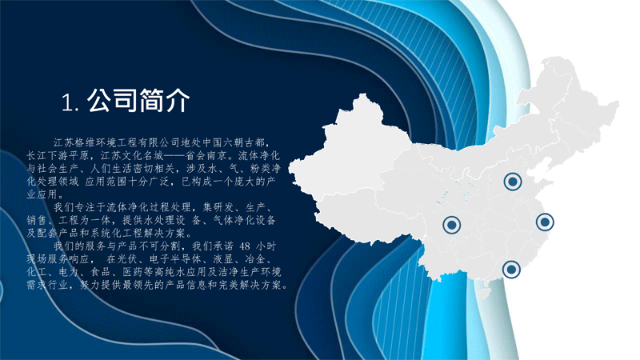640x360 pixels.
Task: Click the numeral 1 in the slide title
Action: click(x=66, y=102)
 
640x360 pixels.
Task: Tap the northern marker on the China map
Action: click(x=513, y=182)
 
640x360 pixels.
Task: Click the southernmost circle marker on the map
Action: click(x=511, y=270)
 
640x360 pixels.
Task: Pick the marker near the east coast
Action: click(x=545, y=222)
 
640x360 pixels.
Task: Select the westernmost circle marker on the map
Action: click(x=451, y=225)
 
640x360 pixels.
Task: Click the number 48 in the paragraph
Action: click(x=245, y=246)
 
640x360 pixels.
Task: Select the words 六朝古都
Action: click(x=238, y=142)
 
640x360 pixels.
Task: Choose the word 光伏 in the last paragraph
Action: click(x=128, y=259)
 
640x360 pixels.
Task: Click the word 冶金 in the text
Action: click(x=255, y=259)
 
